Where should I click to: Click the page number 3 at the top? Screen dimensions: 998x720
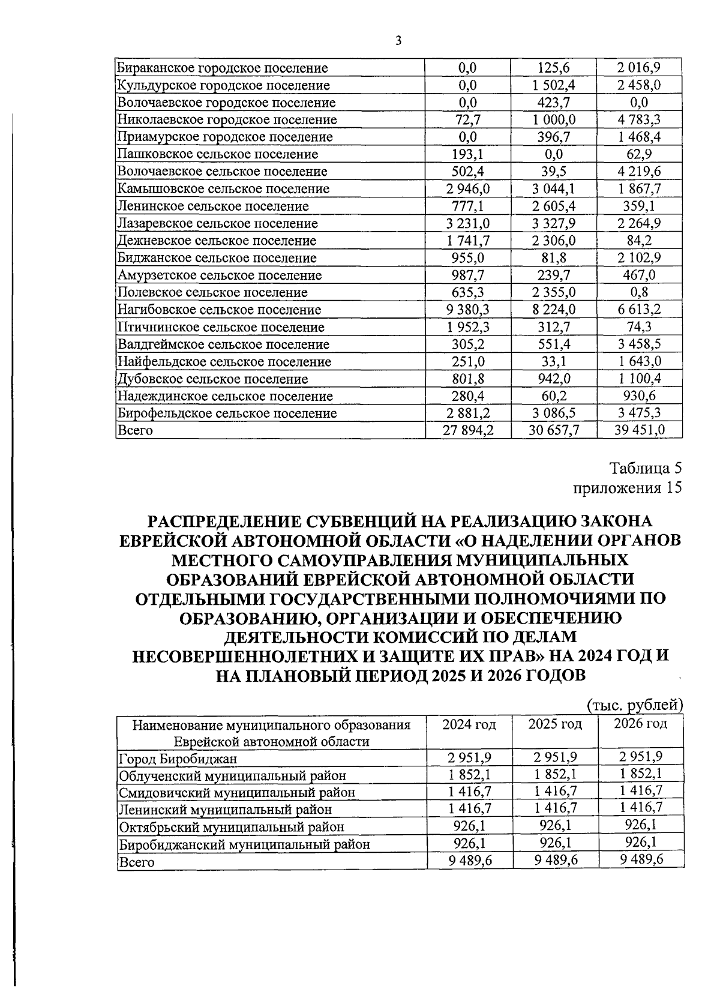pos(398,41)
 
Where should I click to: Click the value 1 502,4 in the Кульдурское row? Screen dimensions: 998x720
pos(553,85)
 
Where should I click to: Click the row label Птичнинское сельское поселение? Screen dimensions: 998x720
pos(221,328)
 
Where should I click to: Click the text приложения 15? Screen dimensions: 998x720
pos(628,487)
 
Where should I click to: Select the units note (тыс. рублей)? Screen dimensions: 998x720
pos(635,704)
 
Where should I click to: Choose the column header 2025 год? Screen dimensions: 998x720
pos(555,724)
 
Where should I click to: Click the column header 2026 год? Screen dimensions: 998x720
pos(641,724)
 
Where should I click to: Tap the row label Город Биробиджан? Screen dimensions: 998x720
pos(178,759)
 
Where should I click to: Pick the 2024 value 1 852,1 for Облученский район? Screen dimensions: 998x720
pos(469,775)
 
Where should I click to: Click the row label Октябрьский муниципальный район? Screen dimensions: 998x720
pos(232,828)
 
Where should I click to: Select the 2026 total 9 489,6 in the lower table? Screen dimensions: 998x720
pos(641,860)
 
